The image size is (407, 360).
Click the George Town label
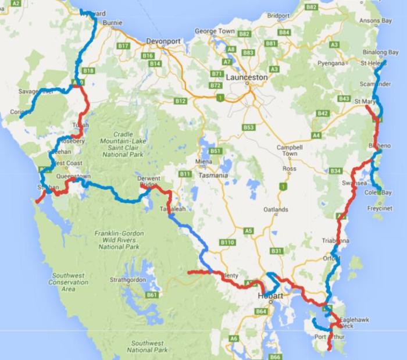pos(215,31)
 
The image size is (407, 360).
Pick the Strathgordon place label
pos(127,280)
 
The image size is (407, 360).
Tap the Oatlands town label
pos(276,209)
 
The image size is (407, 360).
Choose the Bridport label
pos(278,16)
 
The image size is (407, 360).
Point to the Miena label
pos(202,161)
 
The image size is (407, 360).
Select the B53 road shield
pos(249,127)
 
